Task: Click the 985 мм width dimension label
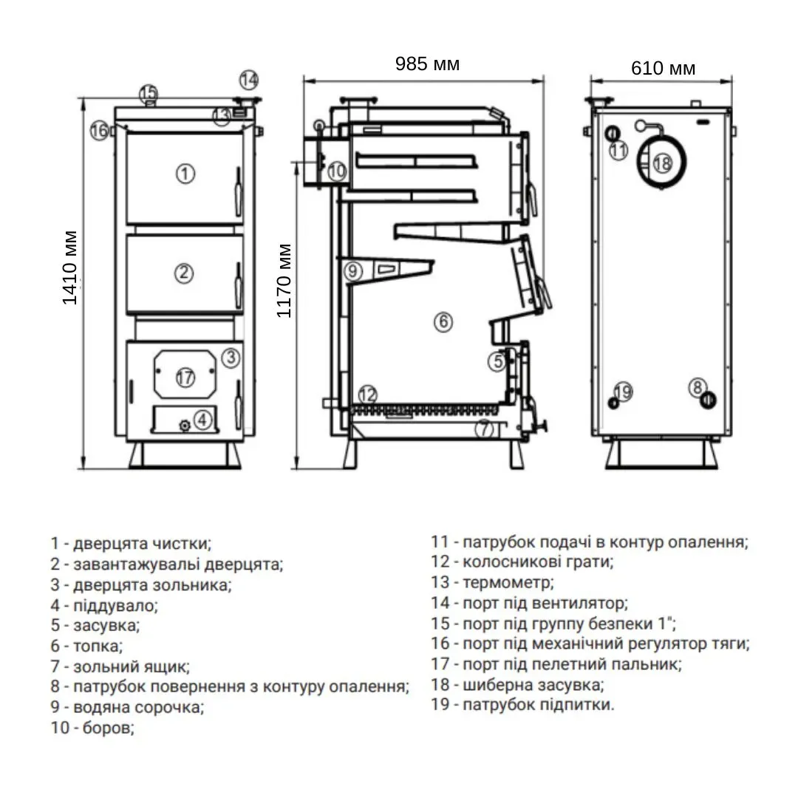point(427,64)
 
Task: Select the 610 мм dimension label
point(663,69)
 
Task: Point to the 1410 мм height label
point(70,268)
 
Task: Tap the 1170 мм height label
point(284,281)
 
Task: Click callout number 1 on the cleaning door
point(185,174)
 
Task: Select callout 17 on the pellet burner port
point(185,378)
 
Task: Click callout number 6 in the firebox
point(443,322)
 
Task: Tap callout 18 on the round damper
point(661,163)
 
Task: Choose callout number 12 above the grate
point(367,395)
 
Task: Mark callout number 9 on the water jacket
point(354,270)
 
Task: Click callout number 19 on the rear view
point(624,392)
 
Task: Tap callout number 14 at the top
point(249,79)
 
